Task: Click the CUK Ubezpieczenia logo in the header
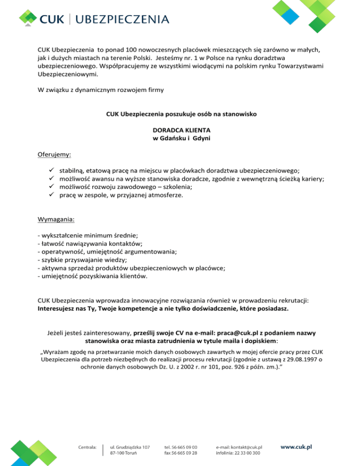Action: point(94,19)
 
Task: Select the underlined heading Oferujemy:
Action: point(54,153)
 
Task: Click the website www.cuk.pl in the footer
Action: point(296,447)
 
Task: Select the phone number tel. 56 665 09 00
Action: point(181,447)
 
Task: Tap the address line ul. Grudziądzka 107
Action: point(130,447)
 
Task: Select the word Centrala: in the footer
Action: point(87,447)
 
